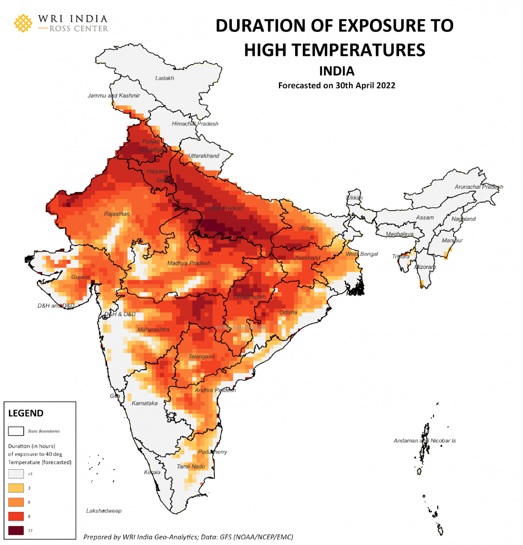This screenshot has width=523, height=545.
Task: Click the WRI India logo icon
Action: coord(23,23)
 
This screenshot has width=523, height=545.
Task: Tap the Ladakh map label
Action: coord(164,78)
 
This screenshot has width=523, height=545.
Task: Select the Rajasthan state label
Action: coord(117,214)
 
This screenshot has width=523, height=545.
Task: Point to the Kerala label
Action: coord(152,472)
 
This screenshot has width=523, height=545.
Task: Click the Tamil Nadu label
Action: coord(191,466)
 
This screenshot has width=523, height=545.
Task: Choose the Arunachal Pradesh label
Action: coord(479,187)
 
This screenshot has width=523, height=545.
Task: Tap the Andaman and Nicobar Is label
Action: coord(424,441)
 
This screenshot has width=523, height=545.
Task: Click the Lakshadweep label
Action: coord(104,511)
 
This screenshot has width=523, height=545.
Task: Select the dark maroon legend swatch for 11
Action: coord(16,530)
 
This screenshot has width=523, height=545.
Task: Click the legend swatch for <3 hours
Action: coord(16,474)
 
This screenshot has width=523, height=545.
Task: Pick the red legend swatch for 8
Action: coord(16,516)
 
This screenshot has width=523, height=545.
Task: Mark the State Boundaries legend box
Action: coord(16,431)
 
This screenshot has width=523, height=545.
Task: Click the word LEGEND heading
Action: coord(26,413)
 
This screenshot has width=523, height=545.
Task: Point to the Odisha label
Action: coord(288,312)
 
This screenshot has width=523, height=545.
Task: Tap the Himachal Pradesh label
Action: coord(195,124)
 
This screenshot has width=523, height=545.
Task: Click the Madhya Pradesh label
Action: coord(188,263)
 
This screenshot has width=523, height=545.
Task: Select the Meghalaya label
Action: coord(400,234)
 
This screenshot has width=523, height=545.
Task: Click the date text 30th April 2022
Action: coord(365,85)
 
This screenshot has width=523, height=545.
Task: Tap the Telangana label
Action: coord(201,357)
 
